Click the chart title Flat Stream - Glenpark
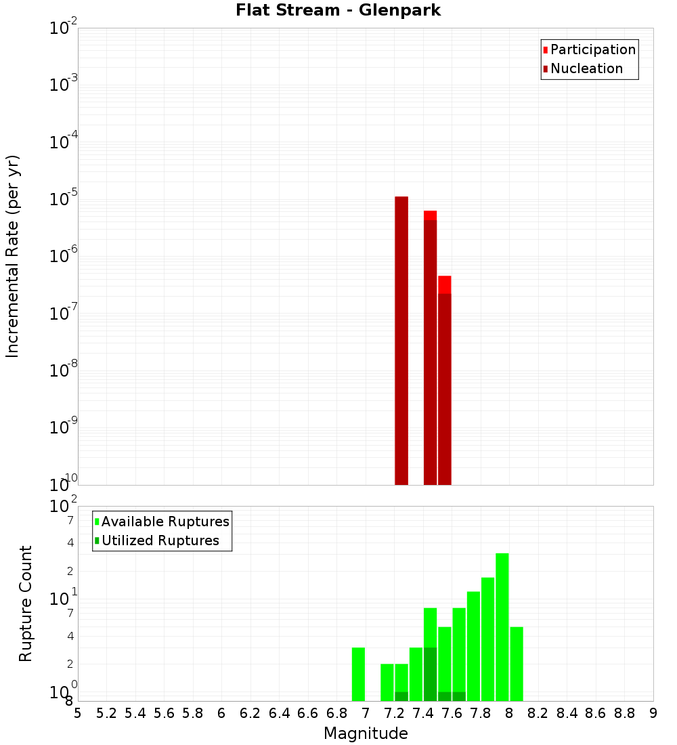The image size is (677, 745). point(338,10)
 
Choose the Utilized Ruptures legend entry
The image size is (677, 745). point(160,540)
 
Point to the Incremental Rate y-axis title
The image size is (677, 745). point(13,256)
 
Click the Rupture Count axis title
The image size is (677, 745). point(26,603)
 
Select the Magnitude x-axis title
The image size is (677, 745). point(366,733)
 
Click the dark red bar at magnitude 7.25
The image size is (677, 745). point(401,339)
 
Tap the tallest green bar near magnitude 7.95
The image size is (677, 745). point(502,626)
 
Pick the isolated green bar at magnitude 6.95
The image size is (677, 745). point(359,674)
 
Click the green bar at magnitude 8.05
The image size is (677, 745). point(517,664)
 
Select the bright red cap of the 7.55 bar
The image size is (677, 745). point(445,284)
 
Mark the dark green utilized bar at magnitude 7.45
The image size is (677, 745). point(431,674)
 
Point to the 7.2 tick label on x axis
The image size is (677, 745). point(395,713)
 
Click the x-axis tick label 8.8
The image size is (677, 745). point(625,713)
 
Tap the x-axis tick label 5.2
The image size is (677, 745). point(106,713)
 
